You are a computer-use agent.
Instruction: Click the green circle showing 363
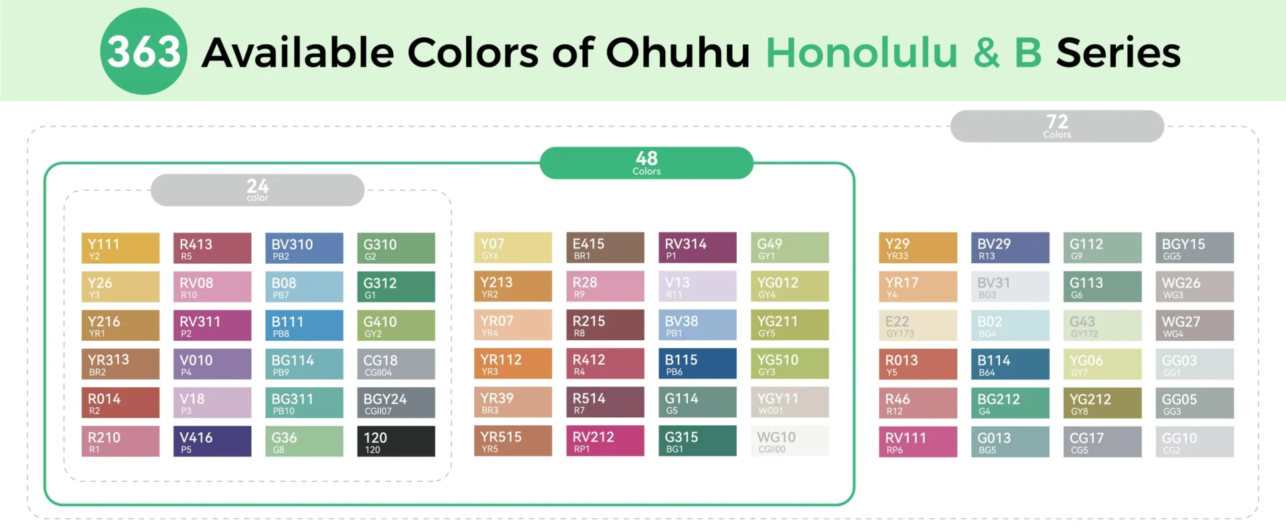(x=143, y=52)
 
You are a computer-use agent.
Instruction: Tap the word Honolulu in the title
(x=861, y=52)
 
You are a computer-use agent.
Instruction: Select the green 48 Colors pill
(x=646, y=163)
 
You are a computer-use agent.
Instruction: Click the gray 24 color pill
(x=257, y=190)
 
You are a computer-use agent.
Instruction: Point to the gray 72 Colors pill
(x=1057, y=126)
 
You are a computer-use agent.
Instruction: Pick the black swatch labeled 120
(x=396, y=441)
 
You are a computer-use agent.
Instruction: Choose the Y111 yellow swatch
(x=121, y=248)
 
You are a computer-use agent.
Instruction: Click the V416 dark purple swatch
(x=212, y=441)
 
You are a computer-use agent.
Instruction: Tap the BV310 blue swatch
(x=304, y=248)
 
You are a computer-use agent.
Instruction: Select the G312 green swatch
(x=396, y=287)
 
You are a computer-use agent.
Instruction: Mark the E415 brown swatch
(x=605, y=247)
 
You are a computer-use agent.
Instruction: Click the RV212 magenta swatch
(x=605, y=441)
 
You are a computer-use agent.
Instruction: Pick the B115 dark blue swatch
(x=697, y=364)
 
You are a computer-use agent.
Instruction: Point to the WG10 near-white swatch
(x=790, y=441)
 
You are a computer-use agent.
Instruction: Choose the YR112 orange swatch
(x=513, y=364)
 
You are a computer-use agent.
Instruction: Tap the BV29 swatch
(x=1010, y=248)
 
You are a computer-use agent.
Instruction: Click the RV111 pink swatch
(x=918, y=442)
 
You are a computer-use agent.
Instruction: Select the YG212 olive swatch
(x=1102, y=403)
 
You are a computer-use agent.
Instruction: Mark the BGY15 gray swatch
(x=1194, y=248)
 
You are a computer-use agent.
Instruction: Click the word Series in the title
(x=1118, y=52)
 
